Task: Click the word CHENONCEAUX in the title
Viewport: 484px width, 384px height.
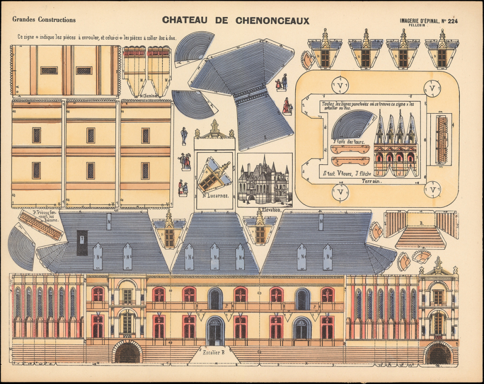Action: click(272, 20)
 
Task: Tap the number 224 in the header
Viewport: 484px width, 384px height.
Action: click(453, 21)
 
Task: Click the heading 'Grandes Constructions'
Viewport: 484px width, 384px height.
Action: click(44, 20)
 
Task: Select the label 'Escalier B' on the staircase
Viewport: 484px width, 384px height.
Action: click(214, 352)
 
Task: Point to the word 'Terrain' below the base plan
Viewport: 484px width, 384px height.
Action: click(372, 181)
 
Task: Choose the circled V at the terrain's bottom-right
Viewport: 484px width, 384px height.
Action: click(432, 189)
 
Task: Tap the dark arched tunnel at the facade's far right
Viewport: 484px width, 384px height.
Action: click(439, 354)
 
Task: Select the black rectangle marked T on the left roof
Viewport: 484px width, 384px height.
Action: click(82, 243)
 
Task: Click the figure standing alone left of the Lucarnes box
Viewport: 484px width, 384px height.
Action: click(184, 136)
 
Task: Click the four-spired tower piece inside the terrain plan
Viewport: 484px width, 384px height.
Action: click(396, 145)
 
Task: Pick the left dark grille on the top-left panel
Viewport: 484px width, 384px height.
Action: click(49, 70)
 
